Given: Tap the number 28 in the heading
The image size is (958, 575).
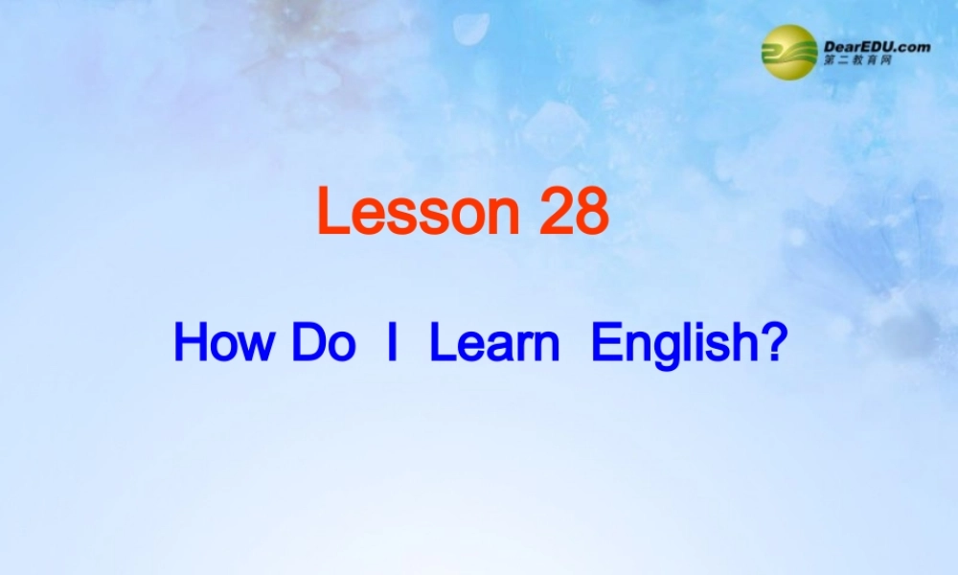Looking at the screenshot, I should (x=574, y=213).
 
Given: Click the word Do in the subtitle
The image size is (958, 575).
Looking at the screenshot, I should (x=323, y=343).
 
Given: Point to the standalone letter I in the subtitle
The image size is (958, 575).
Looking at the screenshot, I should (x=391, y=343).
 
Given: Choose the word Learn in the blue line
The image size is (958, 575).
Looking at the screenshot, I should (x=494, y=343).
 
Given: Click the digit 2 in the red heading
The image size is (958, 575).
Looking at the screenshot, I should (x=557, y=213).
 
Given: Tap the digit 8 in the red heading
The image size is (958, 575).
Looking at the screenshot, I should (x=591, y=213).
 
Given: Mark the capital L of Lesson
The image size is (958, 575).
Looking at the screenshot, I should (x=331, y=213).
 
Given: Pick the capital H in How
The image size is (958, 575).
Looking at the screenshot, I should (x=190, y=343).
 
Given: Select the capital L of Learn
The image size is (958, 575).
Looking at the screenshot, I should (x=440, y=343).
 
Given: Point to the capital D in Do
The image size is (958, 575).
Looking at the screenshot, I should (x=308, y=343).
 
